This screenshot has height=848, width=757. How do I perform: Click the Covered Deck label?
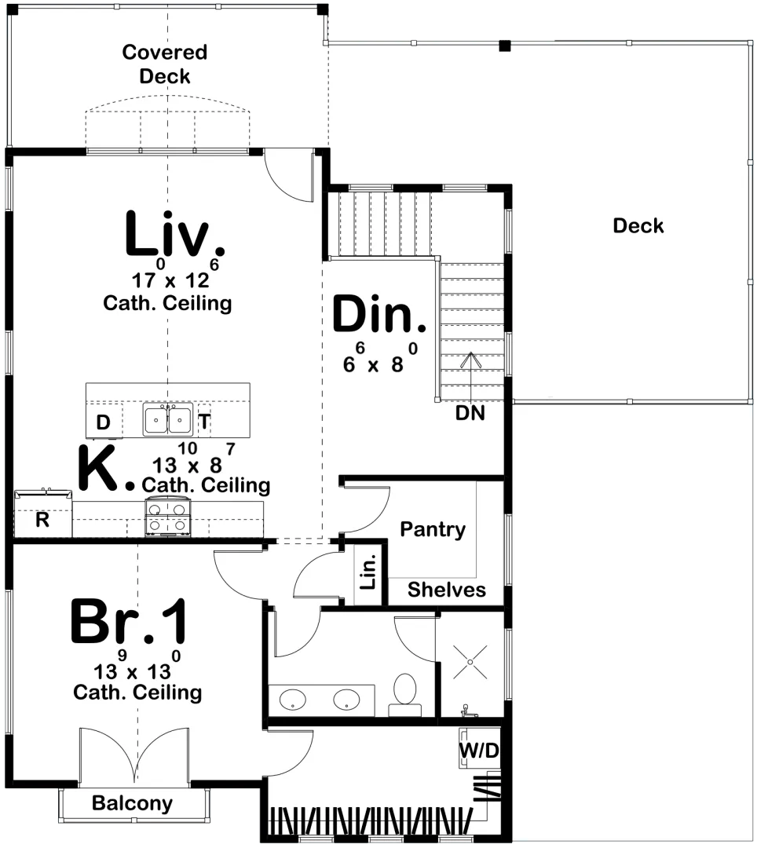[165, 64]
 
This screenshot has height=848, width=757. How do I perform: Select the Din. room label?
[378, 313]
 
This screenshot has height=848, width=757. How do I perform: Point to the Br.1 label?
[129, 621]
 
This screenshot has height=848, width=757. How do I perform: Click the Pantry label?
[433, 529]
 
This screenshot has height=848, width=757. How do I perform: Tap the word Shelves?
[447, 590]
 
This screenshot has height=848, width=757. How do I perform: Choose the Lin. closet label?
[368, 572]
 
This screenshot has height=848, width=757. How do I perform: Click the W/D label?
[479, 750]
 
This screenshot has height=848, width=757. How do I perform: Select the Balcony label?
[133, 804]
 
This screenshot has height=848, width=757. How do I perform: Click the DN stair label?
[470, 413]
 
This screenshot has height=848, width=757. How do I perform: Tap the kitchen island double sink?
[167, 419]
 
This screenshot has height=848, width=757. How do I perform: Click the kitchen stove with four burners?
[167, 517]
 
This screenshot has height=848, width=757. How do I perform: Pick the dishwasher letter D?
[103, 422]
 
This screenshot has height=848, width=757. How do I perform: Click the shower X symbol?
[470, 662]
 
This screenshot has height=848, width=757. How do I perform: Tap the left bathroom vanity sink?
[293, 700]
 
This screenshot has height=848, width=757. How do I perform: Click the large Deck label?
[638, 225]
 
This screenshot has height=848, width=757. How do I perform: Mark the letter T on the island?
[204, 421]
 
